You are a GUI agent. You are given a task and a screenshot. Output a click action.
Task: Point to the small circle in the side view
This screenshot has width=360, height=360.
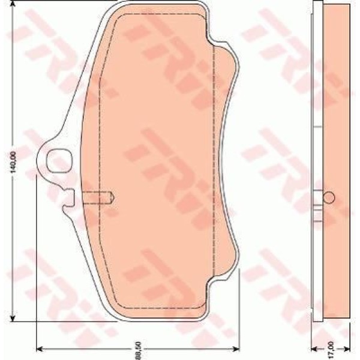point(328,197)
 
